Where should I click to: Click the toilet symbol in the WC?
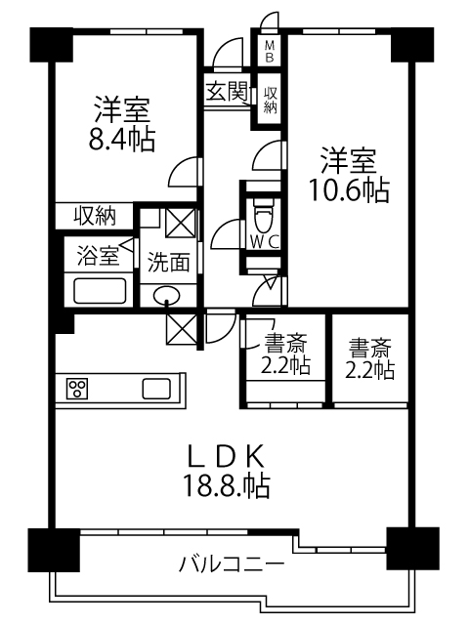coord(263,215)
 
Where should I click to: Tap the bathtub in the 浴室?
coord(100,291)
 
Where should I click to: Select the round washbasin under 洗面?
coord(167,296)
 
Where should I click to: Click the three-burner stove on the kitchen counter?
coord(77,389)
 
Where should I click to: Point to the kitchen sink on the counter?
coord(157,389)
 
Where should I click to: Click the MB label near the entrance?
coord(270,51)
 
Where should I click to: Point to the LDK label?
coord(226,456)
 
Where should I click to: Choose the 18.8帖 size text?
coord(226,485)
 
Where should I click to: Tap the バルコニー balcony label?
coord(232,564)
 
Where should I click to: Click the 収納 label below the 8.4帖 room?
coord(95,217)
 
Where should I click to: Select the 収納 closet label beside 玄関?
coord(270,100)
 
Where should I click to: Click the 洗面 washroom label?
coord(168,262)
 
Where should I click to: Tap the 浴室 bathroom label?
coord(98,256)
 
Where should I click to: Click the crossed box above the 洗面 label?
coord(180,224)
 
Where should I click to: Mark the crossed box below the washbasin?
coord(182,329)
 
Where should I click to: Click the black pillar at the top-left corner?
coord(52,45)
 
